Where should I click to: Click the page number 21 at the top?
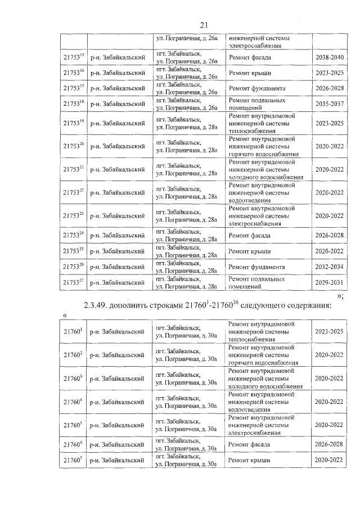tap(204, 24)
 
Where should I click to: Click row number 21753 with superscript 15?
tap(73, 58)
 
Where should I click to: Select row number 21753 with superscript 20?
tap(73, 145)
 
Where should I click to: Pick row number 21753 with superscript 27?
tap(73, 282)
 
